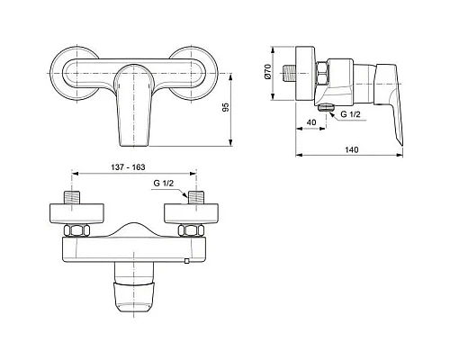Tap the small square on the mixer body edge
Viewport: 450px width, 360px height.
(187, 262)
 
